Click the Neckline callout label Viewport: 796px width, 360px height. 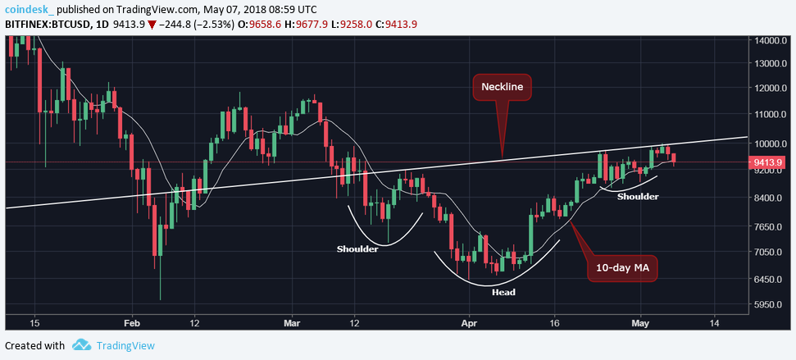click(x=502, y=86)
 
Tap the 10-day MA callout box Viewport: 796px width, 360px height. click(x=621, y=268)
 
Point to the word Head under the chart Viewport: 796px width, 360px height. click(x=503, y=292)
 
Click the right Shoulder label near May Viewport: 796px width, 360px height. click(x=638, y=197)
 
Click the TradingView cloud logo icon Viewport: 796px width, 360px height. click(x=81, y=345)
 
